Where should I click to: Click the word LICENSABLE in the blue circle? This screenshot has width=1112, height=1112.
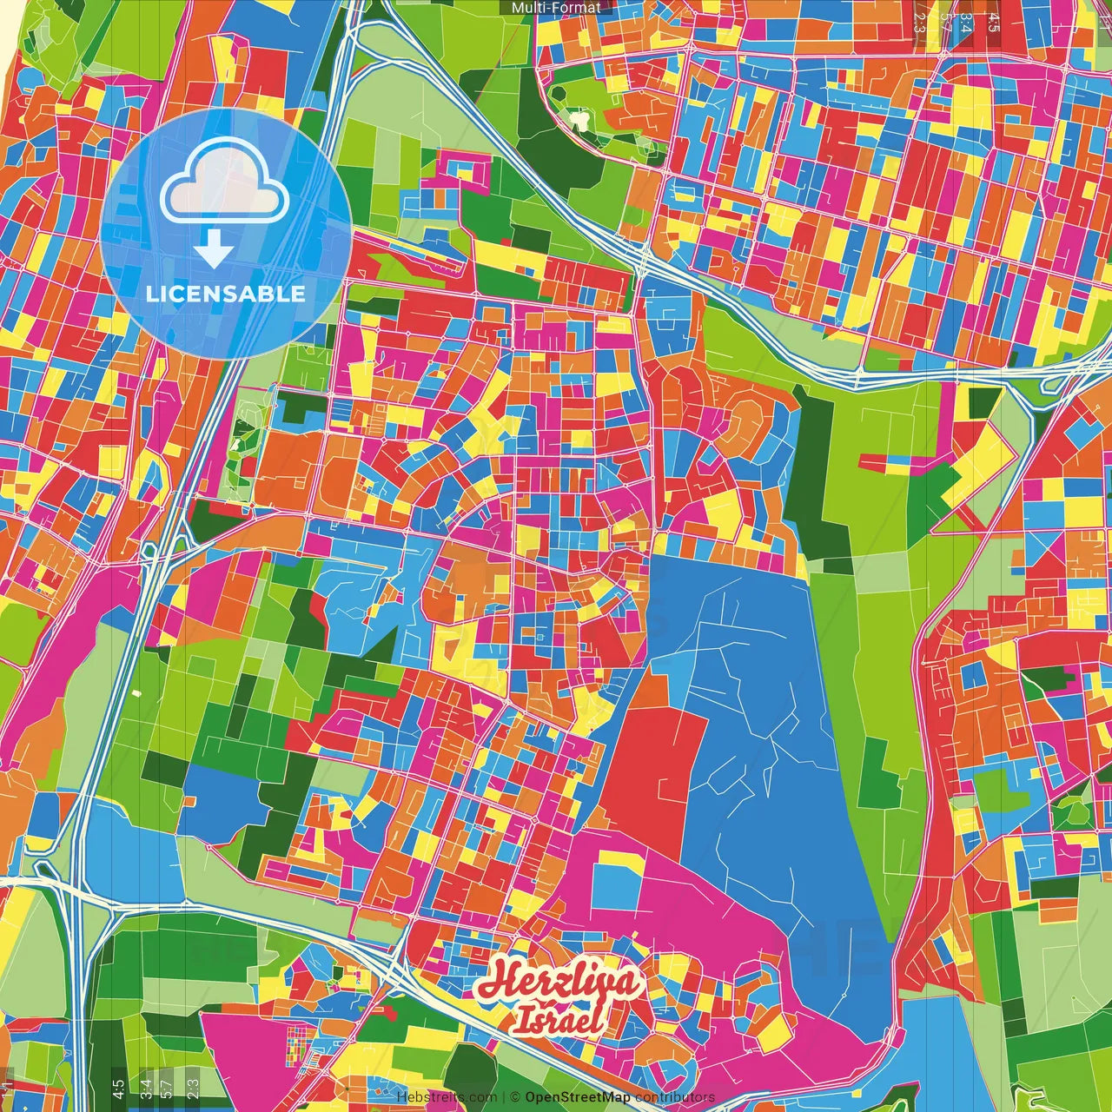click(225, 294)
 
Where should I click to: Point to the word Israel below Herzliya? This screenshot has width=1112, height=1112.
click(558, 1020)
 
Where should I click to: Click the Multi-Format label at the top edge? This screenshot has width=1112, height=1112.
click(556, 8)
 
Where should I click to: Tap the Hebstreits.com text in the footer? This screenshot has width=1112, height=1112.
click(447, 1097)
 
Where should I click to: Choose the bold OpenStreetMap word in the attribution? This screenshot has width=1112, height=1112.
click(578, 1097)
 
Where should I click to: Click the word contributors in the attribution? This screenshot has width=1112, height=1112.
click(675, 1097)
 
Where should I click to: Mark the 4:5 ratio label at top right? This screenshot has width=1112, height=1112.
click(995, 17)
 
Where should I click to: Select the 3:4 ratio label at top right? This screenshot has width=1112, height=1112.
click(965, 20)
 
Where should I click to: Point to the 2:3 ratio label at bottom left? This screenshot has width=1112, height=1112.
click(193, 1087)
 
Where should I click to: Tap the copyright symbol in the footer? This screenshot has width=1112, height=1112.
click(514, 1097)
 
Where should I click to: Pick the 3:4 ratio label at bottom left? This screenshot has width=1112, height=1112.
click(146, 1087)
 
